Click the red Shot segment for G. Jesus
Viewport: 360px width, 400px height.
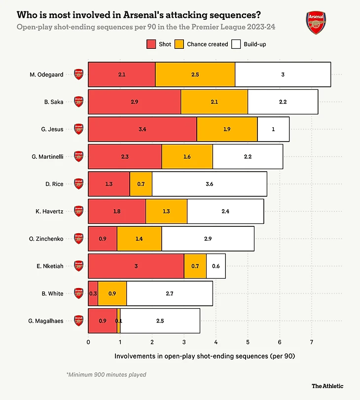pyautogui.click(x=142, y=129)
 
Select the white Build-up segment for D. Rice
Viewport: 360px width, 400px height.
pyautogui.click(x=209, y=184)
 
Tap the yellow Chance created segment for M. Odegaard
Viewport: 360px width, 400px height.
pyautogui.click(x=195, y=74)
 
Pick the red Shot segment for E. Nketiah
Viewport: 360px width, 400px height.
pyautogui.click(x=136, y=266)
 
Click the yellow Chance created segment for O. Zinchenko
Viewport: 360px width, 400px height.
pyautogui.click(x=139, y=239)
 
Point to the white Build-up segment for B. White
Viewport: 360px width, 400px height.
pyautogui.click(x=169, y=293)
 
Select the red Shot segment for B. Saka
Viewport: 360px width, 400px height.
pyautogui.click(x=134, y=102)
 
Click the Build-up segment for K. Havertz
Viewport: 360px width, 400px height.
pyautogui.click(x=225, y=211)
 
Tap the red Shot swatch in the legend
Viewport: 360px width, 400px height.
pyautogui.click(x=151, y=44)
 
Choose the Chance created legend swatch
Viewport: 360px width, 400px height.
pyautogui.click(x=180, y=44)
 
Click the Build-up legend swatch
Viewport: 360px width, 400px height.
pyautogui.click(x=236, y=44)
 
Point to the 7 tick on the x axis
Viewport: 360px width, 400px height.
pyautogui.click(x=312, y=342)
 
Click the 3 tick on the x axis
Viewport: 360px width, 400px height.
pyautogui.click(x=184, y=342)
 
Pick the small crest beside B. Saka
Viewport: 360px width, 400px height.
pyautogui.click(x=78, y=102)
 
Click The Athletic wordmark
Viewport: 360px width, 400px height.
pyautogui.click(x=327, y=386)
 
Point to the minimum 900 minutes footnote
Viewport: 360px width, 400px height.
pyautogui.click(x=106, y=375)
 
